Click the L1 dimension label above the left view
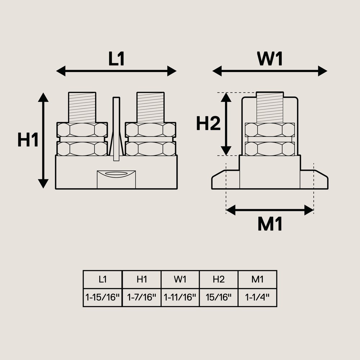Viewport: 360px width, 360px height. [116, 59]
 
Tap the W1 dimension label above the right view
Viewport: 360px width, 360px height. [270, 59]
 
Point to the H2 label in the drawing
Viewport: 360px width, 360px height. [208, 123]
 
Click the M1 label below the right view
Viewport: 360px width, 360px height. [270, 224]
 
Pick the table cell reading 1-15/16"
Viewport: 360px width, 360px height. [103, 297]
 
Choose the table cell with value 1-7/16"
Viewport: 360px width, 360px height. [141, 297]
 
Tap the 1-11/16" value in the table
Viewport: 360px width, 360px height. [180, 297]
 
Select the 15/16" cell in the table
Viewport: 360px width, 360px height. [219, 297]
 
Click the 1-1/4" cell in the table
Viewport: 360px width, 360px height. [257, 297]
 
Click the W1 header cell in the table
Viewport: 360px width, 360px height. [180, 279]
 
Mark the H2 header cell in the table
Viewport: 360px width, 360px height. [219, 279]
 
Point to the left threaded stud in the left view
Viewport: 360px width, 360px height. [82, 107]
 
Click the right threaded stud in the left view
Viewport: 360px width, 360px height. [150, 107]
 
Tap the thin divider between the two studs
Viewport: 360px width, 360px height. [116, 129]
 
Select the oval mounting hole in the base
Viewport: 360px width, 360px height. [116, 174]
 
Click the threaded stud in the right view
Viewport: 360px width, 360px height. [270, 107]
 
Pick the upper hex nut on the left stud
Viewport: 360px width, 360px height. [82, 130]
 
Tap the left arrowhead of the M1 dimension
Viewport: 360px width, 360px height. [231, 210]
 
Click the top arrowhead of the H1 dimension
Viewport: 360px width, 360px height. [43, 97]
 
